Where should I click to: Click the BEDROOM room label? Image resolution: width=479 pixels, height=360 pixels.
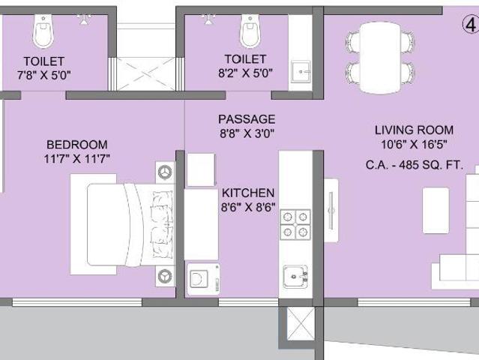pyautogui.click(x=77, y=144)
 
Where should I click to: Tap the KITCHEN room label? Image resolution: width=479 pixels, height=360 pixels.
pyautogui.click(x=248, y=193)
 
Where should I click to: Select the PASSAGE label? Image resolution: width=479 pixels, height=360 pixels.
pyautogui.click(x=247, y=119)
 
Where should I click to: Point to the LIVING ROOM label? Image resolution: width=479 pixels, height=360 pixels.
pyautogui.click(x=414, y=130)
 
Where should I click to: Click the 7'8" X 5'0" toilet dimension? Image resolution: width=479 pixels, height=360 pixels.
pyautogui.click(x=44, y=75)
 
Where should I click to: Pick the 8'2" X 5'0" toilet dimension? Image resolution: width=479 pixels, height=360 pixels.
pyautogui.click(x=245, y=73)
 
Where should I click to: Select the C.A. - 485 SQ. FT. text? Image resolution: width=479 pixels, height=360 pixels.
pyautogui.click(x=415, y=165)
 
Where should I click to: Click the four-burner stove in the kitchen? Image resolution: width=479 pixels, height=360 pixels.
pyautogui.click(x=295, y=224)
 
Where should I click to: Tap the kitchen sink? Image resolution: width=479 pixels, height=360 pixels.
pyautogui.click(x=295, y=277)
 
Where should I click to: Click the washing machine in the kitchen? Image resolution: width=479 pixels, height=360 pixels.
pyautogui.click(x=203, y=279)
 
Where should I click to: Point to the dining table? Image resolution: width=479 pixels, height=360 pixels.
pyautogui.click(x=380, y=58)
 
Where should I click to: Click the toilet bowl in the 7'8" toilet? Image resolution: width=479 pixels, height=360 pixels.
pyautogui.click(x=43, y=31)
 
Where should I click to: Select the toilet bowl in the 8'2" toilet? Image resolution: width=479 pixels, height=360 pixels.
pyautogui.click(x=250, y=31)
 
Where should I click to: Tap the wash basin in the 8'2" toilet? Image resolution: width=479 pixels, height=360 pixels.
pyautogui.click(x=301, y=71)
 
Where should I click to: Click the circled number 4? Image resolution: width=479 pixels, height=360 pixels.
pyautogui.click(x=471, y=25)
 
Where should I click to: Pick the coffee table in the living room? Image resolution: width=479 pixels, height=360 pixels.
pyautogui.click(x=436, y=211)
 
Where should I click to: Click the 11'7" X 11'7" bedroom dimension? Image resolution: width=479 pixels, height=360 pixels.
pyautogui.click(x=77, y=159)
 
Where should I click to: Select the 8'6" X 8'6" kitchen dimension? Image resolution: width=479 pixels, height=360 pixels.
pyautogui.click(x=248, y=208)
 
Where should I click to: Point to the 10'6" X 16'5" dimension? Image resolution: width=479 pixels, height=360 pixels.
pyautogui.click(x=414, y=145)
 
